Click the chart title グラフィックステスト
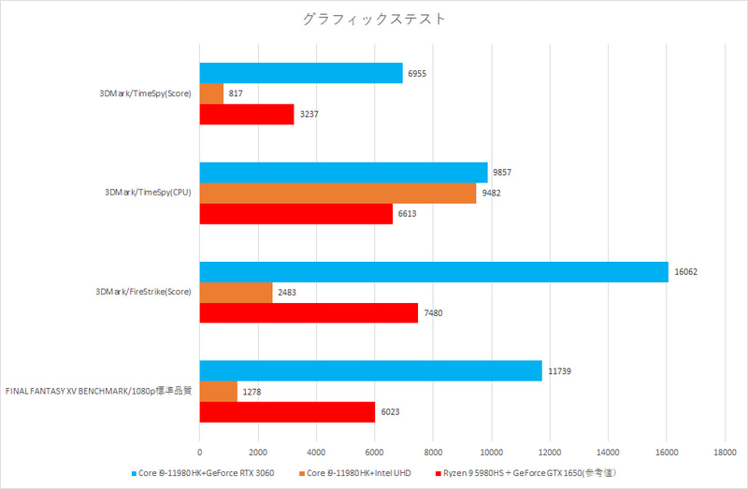374,19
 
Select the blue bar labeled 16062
434,271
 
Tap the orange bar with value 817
211,93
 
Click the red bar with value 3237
247,114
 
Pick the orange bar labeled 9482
338,193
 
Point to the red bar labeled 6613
295,214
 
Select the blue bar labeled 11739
370,370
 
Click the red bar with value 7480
309,313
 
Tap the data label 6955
419,73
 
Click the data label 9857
504,172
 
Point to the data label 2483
289,292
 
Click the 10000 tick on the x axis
491,448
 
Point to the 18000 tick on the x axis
725,448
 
